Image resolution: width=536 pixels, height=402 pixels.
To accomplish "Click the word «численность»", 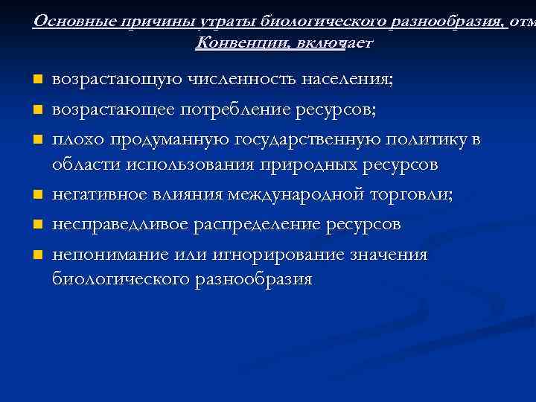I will click(243, 80).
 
